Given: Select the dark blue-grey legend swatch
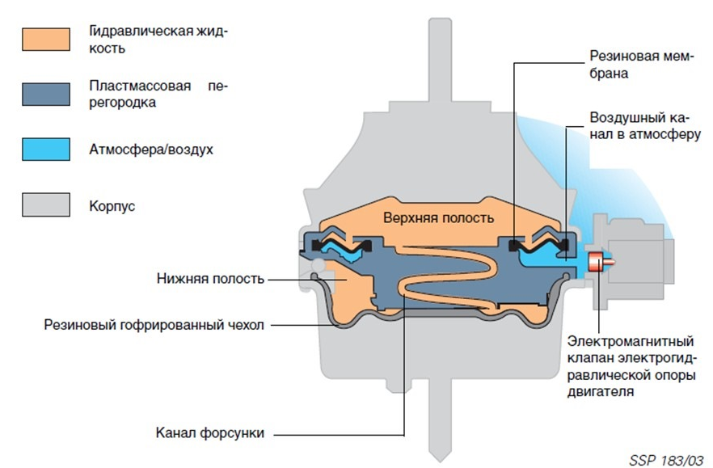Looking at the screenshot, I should tap(45, 94).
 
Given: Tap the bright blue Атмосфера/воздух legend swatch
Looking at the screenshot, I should tap(45, 150).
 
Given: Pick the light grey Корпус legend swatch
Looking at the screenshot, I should tap(45, 205).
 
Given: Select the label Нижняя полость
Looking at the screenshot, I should tap(211, 279).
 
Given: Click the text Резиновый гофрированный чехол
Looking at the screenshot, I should tap(154, 325).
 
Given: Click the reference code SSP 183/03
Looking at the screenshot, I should tap(666, 458).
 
